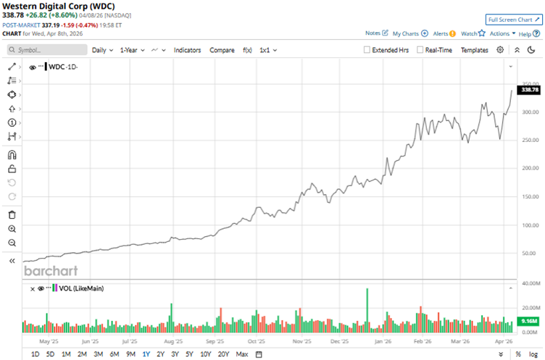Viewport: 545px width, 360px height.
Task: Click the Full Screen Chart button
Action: coord(512,20)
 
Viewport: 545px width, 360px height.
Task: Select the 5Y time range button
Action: coord(189,353)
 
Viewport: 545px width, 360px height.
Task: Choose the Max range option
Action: coord(242,353)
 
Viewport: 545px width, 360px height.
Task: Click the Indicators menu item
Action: coord(188,50)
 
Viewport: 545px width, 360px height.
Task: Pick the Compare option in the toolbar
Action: coord(222,50)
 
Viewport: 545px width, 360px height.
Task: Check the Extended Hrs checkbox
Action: coord(367,50)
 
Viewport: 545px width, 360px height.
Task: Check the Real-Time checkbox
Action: coord(420,50)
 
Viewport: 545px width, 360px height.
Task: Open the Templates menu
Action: coord(475,50)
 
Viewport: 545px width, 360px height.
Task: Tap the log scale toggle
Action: coord(533,353)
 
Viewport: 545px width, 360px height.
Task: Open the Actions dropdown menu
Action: coord(502,33)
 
